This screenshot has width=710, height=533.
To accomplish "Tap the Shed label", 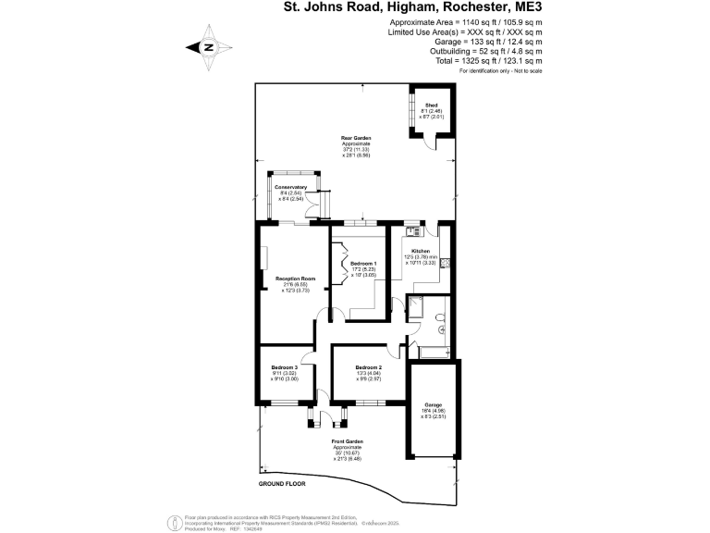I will point(430,106).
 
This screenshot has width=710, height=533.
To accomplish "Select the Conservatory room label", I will point(290,187).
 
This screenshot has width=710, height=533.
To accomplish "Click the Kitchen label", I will point(421,252).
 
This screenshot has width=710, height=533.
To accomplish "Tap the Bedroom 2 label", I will point(368,367).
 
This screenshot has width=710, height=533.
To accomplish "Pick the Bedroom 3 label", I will point(285,367).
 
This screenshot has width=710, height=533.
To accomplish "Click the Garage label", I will point(433,404).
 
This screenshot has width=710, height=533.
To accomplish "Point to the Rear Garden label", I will point(356,137).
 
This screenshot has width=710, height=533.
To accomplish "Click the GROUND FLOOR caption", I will point(282,484).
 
